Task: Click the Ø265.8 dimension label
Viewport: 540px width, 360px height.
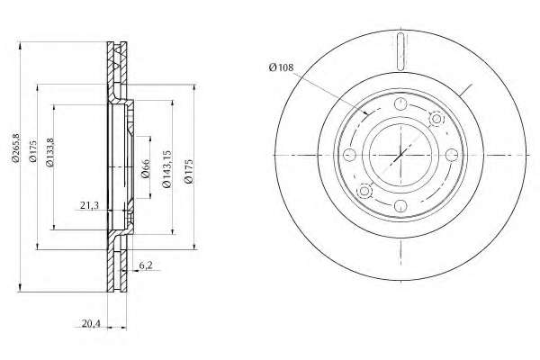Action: point(15,147)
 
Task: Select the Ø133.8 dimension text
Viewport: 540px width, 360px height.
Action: point(49,152)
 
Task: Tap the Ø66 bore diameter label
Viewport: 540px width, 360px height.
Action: point(146,168)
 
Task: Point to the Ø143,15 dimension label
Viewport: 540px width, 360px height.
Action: point(166,169)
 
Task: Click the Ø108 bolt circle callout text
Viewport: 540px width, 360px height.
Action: point(282,67)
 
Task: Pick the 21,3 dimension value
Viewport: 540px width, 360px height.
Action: point(89,205)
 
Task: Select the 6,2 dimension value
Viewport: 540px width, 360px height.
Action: point(145,265)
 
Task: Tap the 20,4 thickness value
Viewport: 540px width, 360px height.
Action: point(91,323)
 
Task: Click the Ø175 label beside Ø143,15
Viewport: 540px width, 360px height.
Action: point(188,171)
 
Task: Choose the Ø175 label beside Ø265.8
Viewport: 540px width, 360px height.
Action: point(32,151)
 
